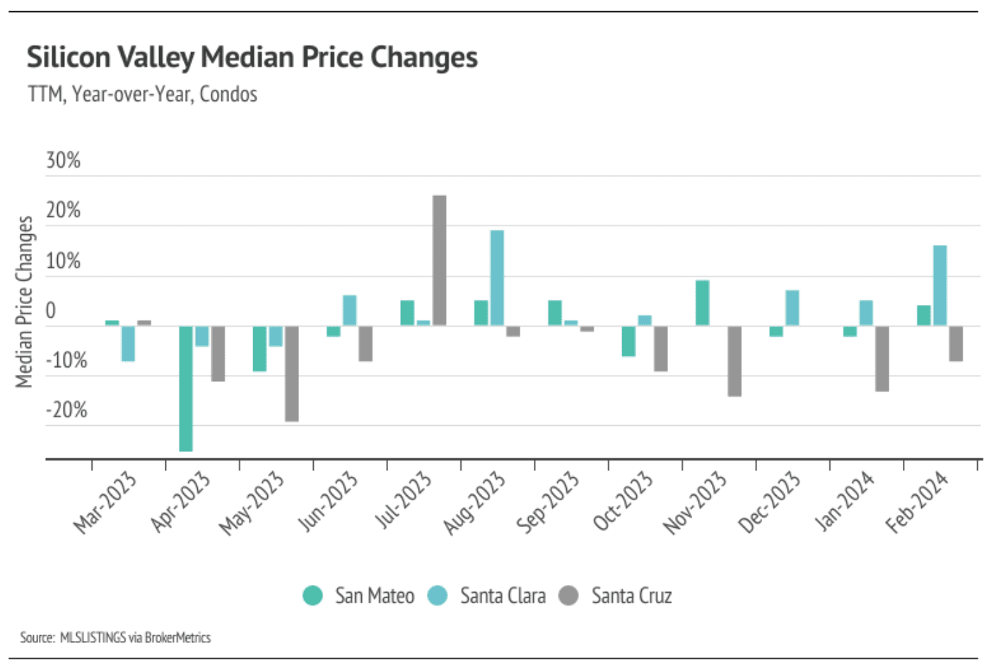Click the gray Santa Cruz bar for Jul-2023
[439, 260]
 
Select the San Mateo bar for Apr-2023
[186, 388]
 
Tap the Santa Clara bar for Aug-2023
[497, 277]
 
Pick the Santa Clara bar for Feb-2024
[940, 285]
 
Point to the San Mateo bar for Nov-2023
[702, 303]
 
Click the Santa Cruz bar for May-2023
[291, 373]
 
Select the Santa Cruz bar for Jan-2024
[882, 358]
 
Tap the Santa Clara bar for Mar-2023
[128, 343]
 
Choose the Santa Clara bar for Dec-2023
[792, 308]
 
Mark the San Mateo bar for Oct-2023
[628, 340]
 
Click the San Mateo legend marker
[312, 596]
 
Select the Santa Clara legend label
[503, 596]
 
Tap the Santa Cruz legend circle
[568, 596]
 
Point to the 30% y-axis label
[63, 161]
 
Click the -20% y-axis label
[66, 410]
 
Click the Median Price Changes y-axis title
[25, 302]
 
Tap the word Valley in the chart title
[156, 57]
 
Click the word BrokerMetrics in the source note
[177, 637]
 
